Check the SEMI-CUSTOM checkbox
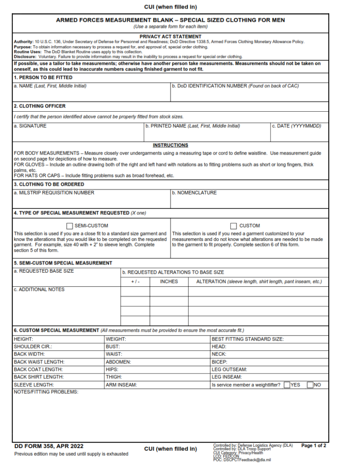click(x=70, y=226)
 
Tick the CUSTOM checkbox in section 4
click(x=233, y=226)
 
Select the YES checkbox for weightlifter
click(x=287, y=385)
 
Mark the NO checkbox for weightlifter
click(x=310, y=385)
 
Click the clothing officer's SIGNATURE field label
click(x=30, y=126)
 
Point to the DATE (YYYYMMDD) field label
click(x=296, y=126)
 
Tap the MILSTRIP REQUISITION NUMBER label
click(x=54, y=193)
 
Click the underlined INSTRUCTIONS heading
click(x=170, y=145)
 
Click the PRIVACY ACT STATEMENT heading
click(x=171, y=37)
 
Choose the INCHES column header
click(x=169, y=281)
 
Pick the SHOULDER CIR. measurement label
click(x=33, y=346)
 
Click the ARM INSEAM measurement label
click(x=121, y=385)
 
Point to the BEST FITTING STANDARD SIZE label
click(x=247, y=339)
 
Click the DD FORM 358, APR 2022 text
click(x=49, y=446)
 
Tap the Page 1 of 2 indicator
click(x=313, y=446)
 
